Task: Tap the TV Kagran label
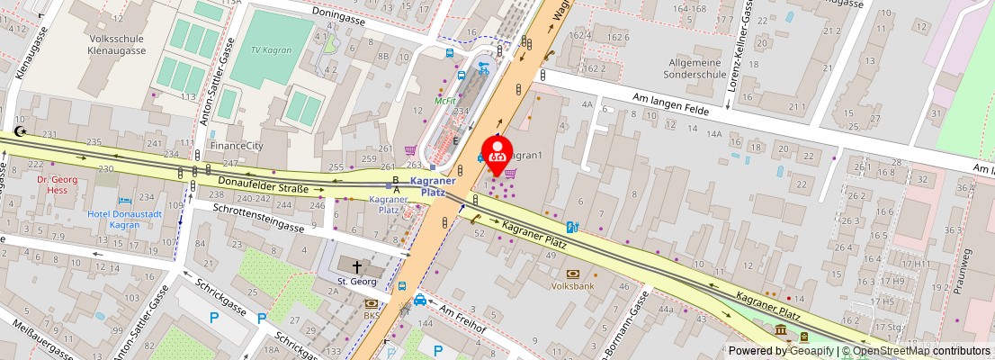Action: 271,50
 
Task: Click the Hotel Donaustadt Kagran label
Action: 126,219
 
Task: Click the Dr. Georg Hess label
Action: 59,184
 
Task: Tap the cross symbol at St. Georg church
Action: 356,267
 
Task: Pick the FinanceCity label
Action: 237,145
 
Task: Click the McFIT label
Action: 445,101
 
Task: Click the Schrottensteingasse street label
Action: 258,218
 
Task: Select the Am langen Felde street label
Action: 671,103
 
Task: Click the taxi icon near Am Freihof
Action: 420,300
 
